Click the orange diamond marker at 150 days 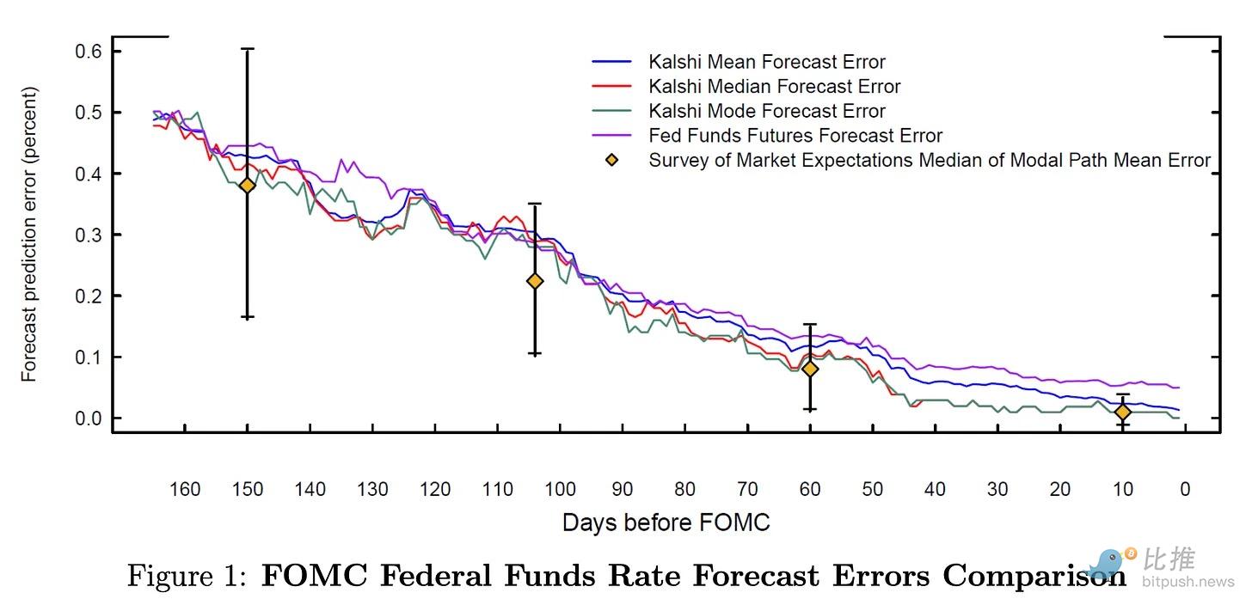(x=248, y=186)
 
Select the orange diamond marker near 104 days (x=535, y=281)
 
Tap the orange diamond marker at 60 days (x=809, y=369)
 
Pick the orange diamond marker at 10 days (x=1122, y=412)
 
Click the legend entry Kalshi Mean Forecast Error (x=767, y=62)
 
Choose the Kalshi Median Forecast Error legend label (x=775, y=87)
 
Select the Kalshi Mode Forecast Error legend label (x=767, y=111)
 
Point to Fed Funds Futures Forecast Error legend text (x=795, y=136)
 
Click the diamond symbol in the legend (x=612, y=161)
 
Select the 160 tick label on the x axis (x=185, y=490)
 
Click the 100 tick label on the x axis (x=560, y=490)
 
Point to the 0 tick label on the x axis (x=1185, y=490)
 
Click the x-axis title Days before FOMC (x=666, y=522)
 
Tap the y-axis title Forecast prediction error (x=29, y=234)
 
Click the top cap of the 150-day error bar (x=248, y=50)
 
